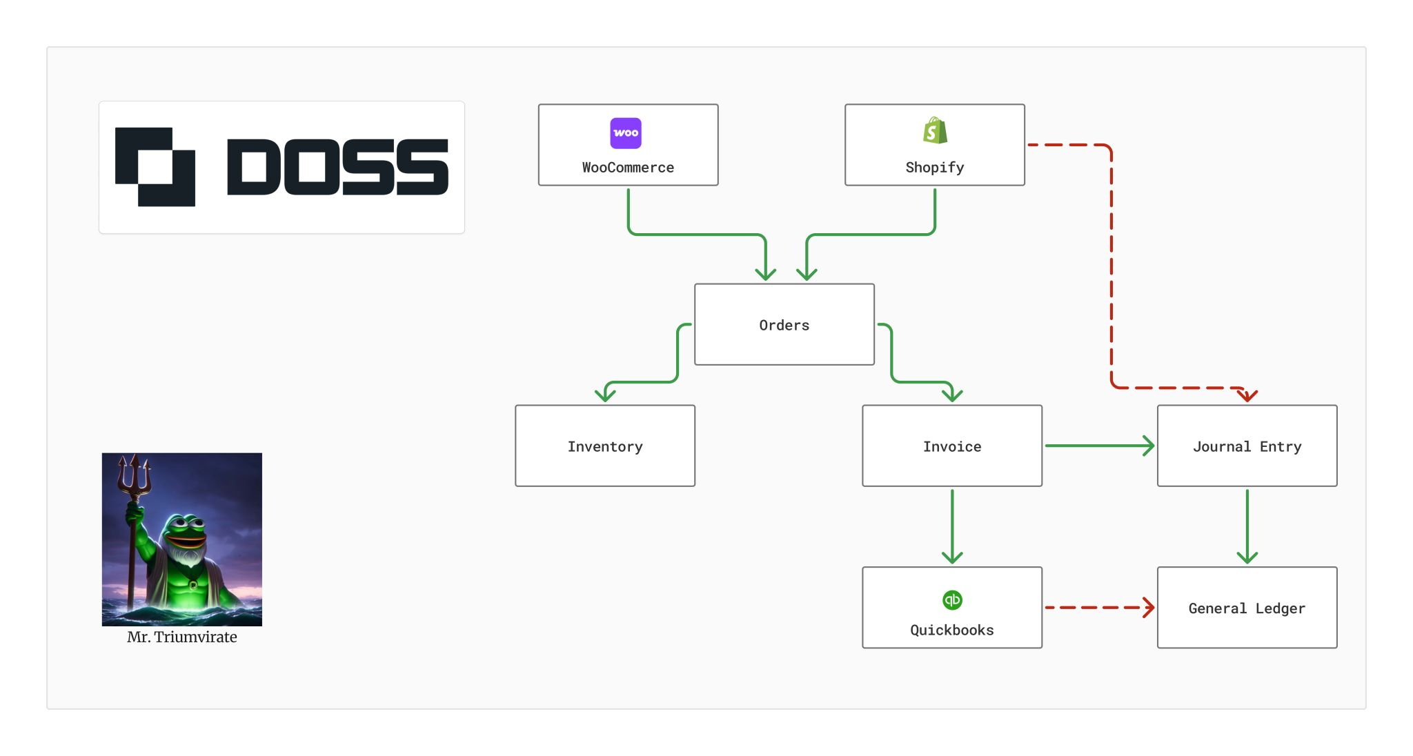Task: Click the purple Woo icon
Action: [626, 133]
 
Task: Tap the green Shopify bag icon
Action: [935, 130]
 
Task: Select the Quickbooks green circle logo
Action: [952, 600]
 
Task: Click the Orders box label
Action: [784, 325]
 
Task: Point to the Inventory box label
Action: [605, 446]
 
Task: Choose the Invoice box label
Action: [952, 446]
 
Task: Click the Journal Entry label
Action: [1247, 446]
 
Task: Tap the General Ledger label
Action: [1247, 608]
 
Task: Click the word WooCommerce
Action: [628, 168]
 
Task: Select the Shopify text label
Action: [935, 168]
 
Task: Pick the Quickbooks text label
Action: [952, 630]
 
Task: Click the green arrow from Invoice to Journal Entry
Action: [1099, 446]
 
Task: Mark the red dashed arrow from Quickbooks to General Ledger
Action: [1099, 608]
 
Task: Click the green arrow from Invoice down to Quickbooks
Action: [952, 526]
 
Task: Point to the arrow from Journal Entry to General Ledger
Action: [1247, 526]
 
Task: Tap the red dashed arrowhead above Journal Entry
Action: [1247, 395]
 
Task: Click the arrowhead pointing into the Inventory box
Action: [605, 395]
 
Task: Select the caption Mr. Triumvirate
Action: [182, 637]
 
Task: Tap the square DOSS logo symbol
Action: [155, 167]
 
